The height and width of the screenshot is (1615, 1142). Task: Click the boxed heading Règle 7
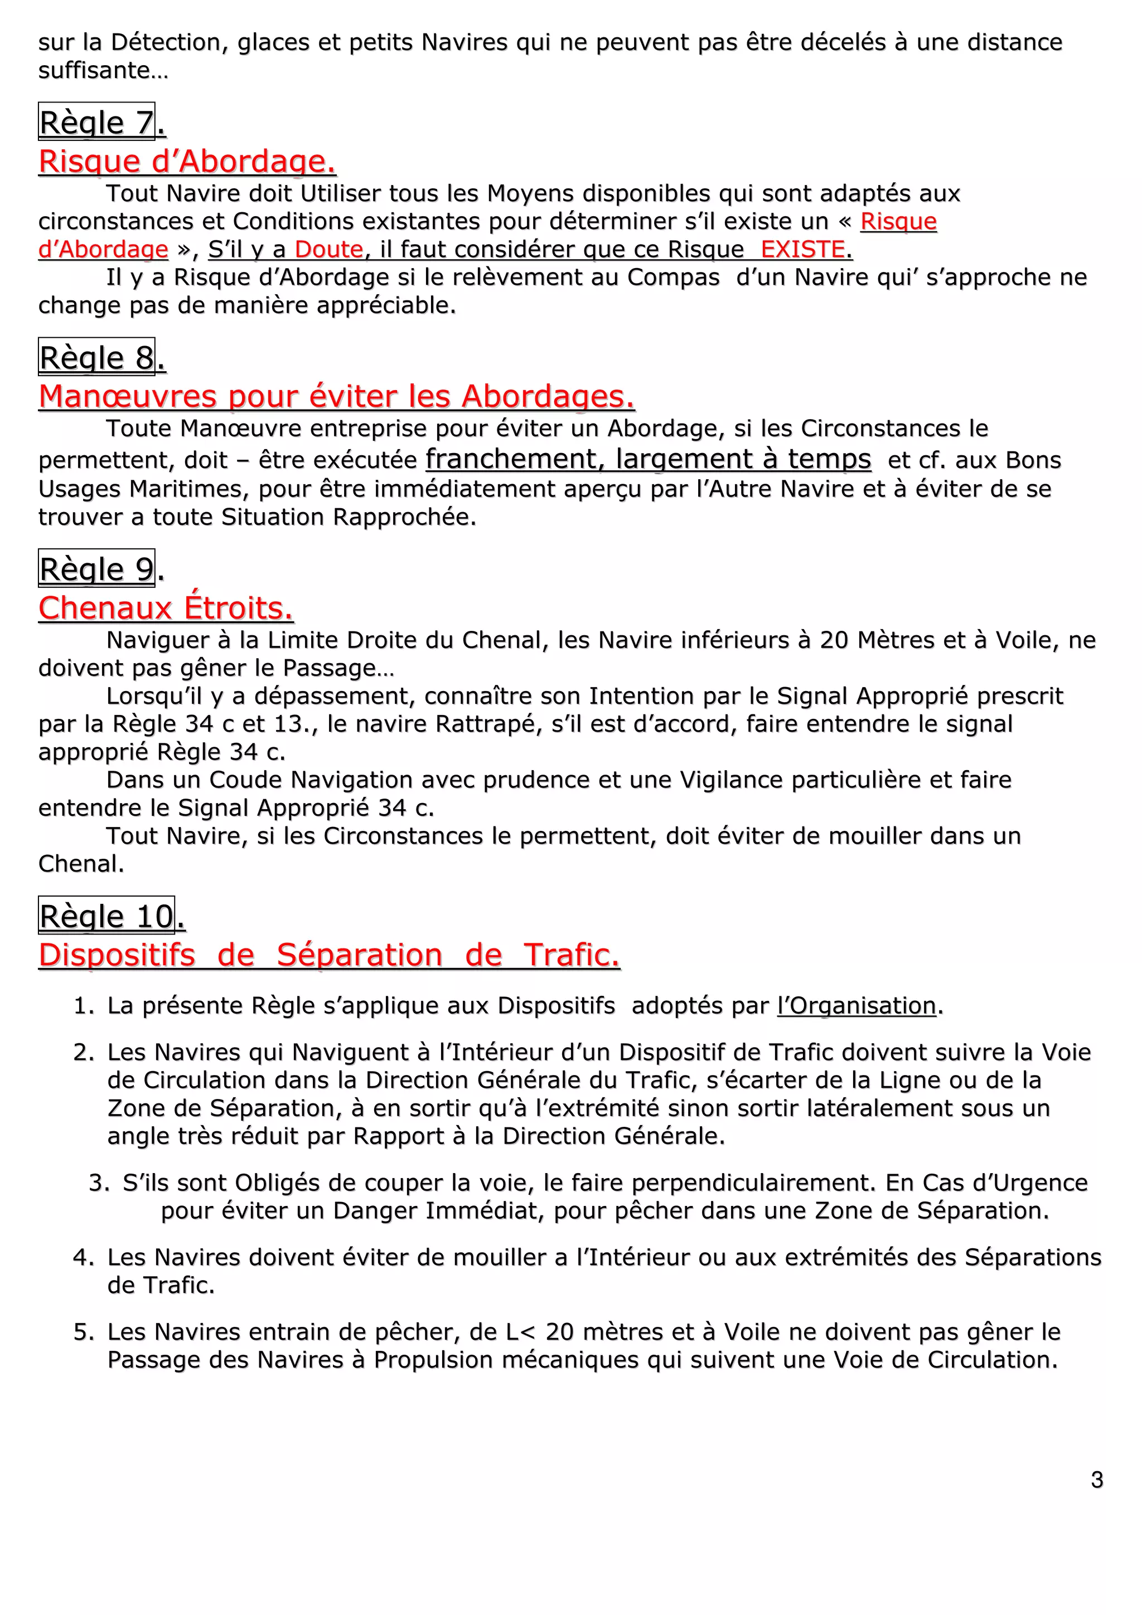(96, 123)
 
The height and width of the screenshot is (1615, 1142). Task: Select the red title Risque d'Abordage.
(187, 161)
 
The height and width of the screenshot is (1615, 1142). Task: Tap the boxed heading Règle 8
(96, 357)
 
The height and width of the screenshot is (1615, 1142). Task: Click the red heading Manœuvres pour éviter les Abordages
(336, 396)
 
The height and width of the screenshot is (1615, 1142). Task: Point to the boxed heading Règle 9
(96, 568)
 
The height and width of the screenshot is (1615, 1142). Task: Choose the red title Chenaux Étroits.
(166, 608)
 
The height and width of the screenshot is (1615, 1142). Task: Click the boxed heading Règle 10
(107, 916)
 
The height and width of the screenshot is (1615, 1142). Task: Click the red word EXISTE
(803, 249)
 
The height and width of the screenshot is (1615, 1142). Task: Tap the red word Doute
(328, 249)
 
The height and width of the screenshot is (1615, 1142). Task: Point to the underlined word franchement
(511, 459)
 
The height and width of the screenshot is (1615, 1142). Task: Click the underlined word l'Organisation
(856, 1005)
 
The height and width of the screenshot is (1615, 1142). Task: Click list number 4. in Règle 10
(84, 1257)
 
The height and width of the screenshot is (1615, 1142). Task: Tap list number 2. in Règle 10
(84, 1052)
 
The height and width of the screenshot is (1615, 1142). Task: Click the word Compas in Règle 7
(674, 277)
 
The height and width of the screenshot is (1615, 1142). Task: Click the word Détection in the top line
(166, 42)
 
